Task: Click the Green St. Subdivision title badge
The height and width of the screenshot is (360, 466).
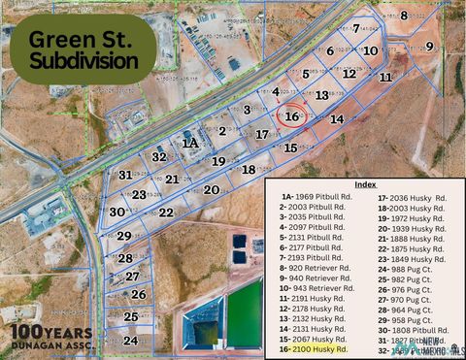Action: (82, 49)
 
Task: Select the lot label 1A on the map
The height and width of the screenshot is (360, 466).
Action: (190, 142)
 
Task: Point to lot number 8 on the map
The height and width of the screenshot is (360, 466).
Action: (404, 15)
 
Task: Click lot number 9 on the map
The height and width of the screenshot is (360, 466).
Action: (429, 47)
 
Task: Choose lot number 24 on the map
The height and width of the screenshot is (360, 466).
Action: (130, 341)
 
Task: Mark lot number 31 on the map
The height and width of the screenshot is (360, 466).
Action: (125, 175)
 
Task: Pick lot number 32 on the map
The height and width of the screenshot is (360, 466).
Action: (160, 156)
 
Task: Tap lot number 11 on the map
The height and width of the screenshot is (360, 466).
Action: (385, 76)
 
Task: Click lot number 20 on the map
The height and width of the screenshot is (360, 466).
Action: (211, 189)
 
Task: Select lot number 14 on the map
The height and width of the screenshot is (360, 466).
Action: (337, 118)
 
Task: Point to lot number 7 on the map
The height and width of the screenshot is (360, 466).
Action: (356, 28)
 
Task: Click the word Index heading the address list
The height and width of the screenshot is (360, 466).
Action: (365, 183)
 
